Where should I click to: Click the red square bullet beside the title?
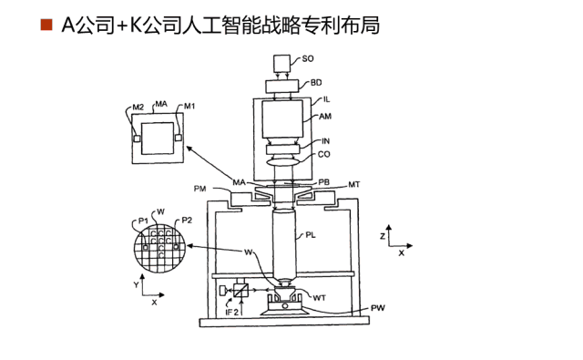click(46, 25)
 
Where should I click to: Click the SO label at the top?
click(308, 58)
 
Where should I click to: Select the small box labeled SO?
click(281, 64)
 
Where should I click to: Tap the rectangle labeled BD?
click(281, 87)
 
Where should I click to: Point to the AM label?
click(325, 117)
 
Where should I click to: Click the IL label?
click(326, 99)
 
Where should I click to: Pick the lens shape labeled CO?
click(283, 162)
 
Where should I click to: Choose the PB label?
click(324, 182)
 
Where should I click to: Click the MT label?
click(354, 185)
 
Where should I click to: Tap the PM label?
click(200, 189)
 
